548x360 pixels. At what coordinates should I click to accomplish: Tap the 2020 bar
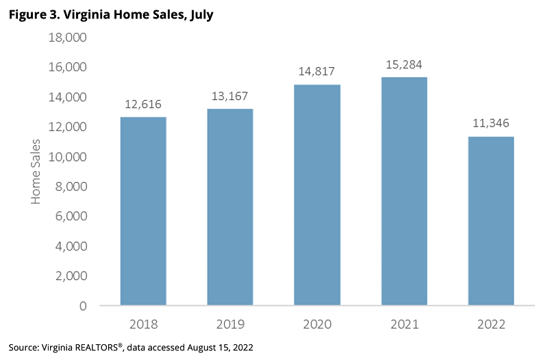click(317, 194)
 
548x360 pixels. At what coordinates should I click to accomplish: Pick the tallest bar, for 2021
click(404, 191)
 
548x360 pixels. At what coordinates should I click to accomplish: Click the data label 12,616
click(143, 105)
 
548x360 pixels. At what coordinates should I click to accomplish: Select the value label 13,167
click(230, 97)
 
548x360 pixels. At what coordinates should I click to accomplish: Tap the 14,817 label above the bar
click(317, 72)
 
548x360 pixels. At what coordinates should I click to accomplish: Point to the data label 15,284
click(404, 65)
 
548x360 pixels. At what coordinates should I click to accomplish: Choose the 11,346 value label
click(491, 124)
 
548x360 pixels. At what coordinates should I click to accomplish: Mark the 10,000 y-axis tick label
click(67, 157)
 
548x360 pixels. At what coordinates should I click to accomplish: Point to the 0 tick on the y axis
click(83, 306)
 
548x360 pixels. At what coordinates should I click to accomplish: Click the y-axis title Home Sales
click(36, 171)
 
